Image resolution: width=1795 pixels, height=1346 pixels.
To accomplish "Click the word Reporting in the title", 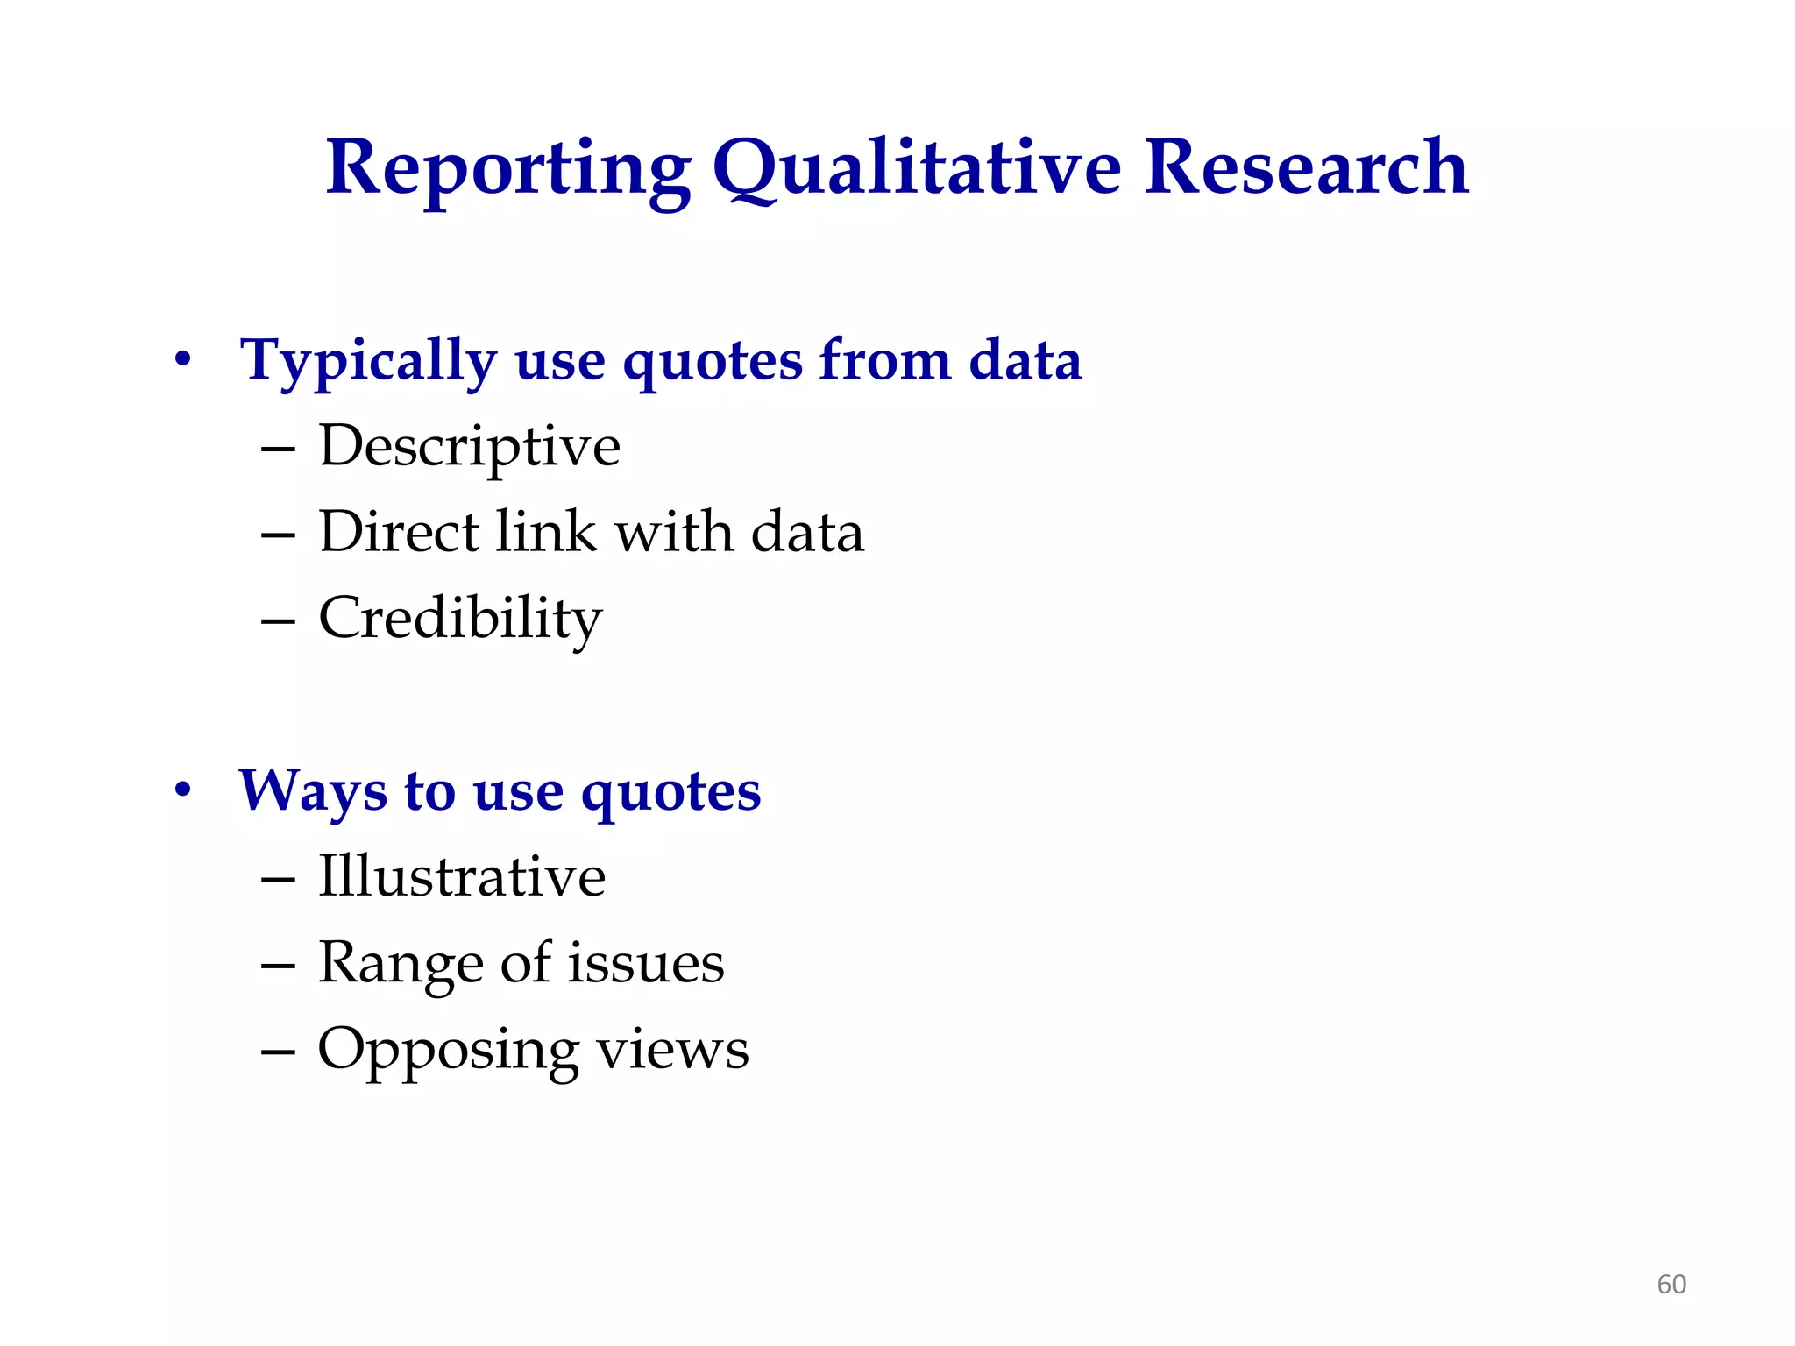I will (x=508, y=168).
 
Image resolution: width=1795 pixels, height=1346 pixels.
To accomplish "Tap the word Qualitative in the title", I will (x=917, y=168).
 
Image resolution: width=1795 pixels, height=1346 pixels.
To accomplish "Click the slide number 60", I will (x=1671, y=1285).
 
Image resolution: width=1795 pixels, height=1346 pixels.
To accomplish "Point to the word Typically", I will (x=368, y=361).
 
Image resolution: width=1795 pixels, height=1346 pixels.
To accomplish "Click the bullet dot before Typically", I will (x=182, y=359).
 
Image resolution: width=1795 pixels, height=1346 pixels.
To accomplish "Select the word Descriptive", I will (x=470, y=447).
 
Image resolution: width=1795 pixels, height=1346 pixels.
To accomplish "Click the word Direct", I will (x=400, y=532).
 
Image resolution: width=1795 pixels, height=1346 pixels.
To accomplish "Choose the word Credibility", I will (x=460, y=619).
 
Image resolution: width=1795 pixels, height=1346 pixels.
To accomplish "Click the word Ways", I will (x=312, y=791).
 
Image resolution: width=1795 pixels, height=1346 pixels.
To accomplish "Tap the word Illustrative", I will (x=462, y=876).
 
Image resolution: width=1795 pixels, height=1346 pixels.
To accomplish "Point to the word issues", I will (x=646, y=962).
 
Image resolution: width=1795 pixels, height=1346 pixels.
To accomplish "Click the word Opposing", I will (x=448, y=1050).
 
